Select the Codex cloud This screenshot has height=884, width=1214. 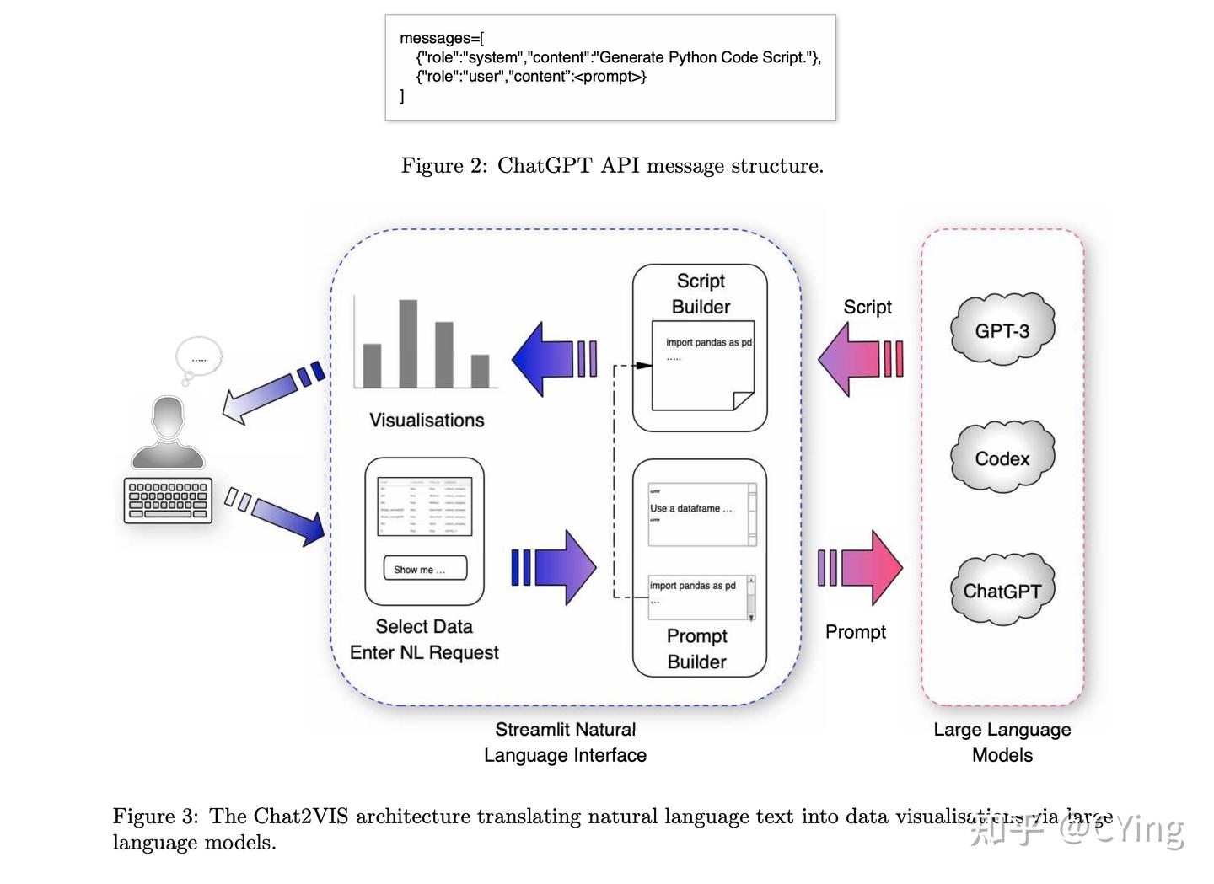pos(1002,458)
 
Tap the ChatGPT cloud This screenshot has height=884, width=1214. pos(1002,590)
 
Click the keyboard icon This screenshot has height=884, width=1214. pos(168,501)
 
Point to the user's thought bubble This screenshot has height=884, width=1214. pos(199,357)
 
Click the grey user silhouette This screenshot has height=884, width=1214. pos(168,434)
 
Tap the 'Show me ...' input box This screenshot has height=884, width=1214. pos(424,569)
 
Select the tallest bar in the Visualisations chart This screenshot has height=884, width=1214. pos(408,343)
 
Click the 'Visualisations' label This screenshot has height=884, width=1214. pos(427,420)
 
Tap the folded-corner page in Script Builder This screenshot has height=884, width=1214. pos(702,366)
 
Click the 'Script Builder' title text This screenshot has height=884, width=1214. pos(701,293)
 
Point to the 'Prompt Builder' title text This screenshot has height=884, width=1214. pos(696,648)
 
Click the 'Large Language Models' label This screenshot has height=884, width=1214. pos(1002,742)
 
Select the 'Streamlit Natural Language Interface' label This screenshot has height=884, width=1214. pos(565,742)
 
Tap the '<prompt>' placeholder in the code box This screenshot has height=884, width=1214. pos(609,77)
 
